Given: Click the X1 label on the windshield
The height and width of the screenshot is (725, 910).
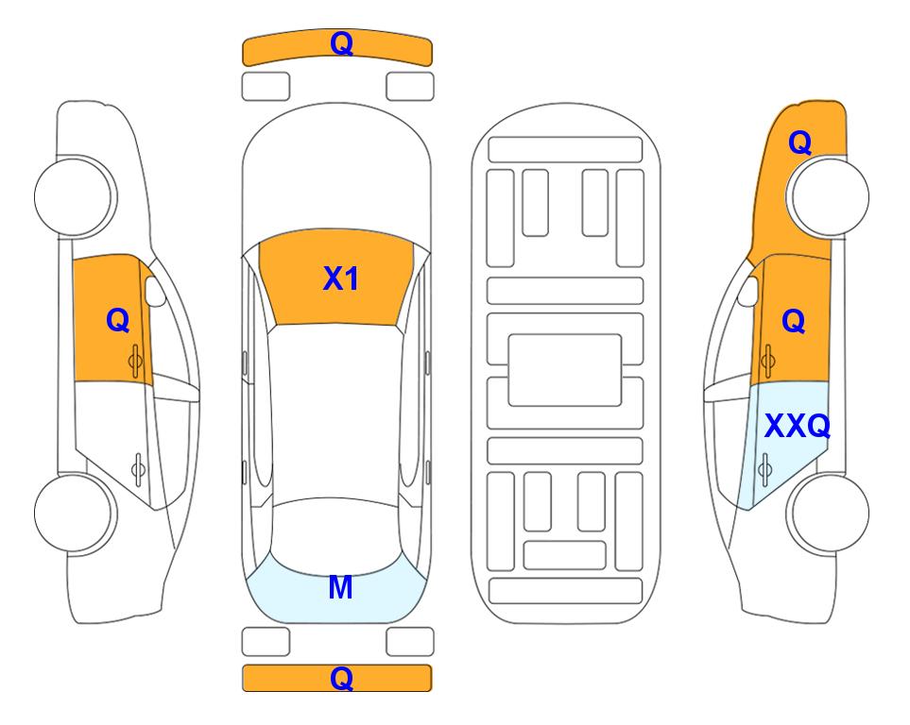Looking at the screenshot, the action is point(341,278).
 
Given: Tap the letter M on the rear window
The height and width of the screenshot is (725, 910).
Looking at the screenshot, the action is point(340,587).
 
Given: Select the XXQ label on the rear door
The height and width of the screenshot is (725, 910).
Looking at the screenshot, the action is point(797,427).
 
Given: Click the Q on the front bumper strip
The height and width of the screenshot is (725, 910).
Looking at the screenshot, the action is point(341,43).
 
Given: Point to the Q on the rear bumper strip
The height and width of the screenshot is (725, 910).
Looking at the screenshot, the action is point(341,678).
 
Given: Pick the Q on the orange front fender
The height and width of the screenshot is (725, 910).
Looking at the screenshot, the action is point(799,143).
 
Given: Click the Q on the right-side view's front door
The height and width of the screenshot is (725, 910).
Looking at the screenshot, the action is point(794,321).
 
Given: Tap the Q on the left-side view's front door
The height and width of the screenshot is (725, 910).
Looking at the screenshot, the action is point(118,320).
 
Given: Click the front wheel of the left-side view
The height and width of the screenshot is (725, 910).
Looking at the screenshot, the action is point(74,196).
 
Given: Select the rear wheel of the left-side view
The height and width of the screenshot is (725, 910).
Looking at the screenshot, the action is point(74,513).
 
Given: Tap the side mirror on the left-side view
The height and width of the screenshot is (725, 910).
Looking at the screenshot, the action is point(155,291).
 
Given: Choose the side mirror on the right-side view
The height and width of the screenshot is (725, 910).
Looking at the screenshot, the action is point(748,291).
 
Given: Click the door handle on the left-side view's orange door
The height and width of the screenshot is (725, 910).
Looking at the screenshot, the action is point(136,361).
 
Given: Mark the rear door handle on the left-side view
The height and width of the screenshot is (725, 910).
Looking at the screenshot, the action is point(138,469).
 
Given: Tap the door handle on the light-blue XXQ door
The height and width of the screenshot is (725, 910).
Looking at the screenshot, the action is point(765,469).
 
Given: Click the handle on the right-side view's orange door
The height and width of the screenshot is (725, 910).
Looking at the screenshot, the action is point(768,361).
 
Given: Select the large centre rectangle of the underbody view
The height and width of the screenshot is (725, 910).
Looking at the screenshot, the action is point(565,370).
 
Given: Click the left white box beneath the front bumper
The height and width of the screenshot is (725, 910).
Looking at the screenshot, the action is point(266,87).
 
